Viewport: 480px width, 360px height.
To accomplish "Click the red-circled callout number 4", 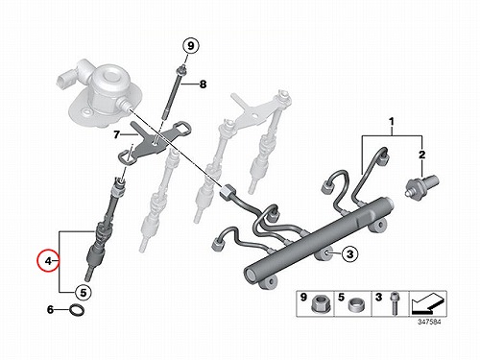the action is (48, 261).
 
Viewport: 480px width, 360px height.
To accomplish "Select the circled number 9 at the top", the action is (190, 46).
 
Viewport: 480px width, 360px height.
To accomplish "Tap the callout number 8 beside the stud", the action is (203, 84).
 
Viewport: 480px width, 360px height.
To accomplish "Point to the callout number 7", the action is (116, 135).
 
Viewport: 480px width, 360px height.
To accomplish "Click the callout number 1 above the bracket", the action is (391, 122).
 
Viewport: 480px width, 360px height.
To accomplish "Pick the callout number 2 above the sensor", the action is (422, 155).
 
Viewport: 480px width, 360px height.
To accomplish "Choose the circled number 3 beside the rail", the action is (350, 254).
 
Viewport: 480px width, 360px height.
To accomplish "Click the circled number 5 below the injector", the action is (84, 292).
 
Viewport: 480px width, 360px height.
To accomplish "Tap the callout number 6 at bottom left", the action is (50, 310).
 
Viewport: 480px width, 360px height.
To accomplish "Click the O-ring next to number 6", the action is (77, 310).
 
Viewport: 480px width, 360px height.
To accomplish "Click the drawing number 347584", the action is (429, 322).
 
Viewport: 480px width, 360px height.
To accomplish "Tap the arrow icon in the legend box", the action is (427, 303).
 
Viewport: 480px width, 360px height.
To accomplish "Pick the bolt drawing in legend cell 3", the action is (394, 303).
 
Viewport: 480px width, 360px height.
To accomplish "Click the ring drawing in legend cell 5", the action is (355, 304).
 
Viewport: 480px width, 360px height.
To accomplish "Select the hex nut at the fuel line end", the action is (227, 192).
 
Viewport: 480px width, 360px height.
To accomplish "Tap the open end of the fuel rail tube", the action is (251, 275).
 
